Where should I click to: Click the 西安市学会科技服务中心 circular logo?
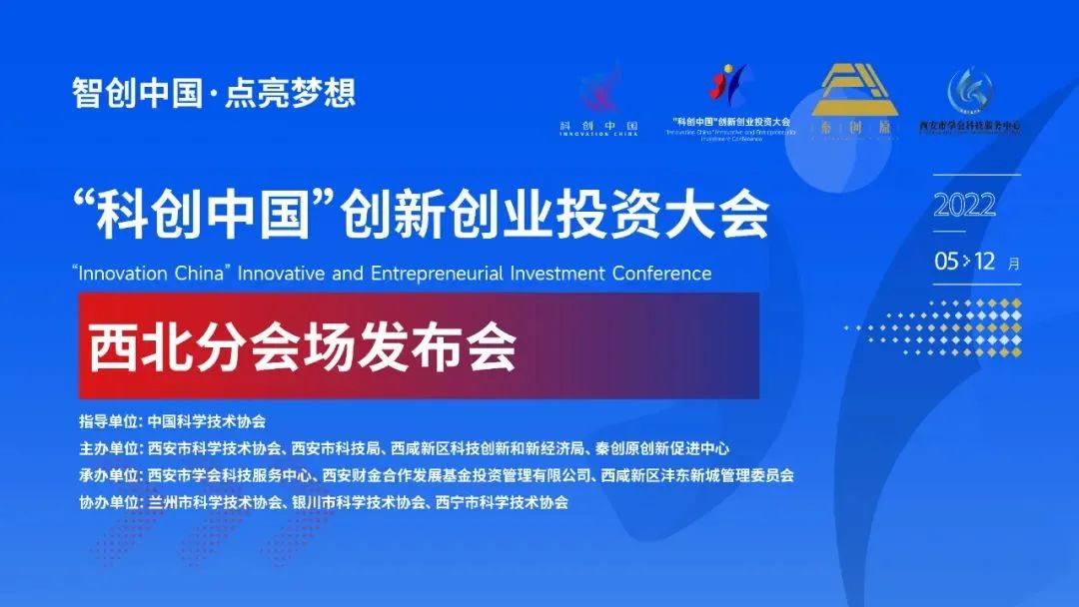coord(970,94)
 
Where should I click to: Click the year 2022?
coord(965,207)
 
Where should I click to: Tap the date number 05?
coord(946,263)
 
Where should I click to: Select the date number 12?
coord(985,263)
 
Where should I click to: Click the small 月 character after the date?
coord(1014,265)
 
